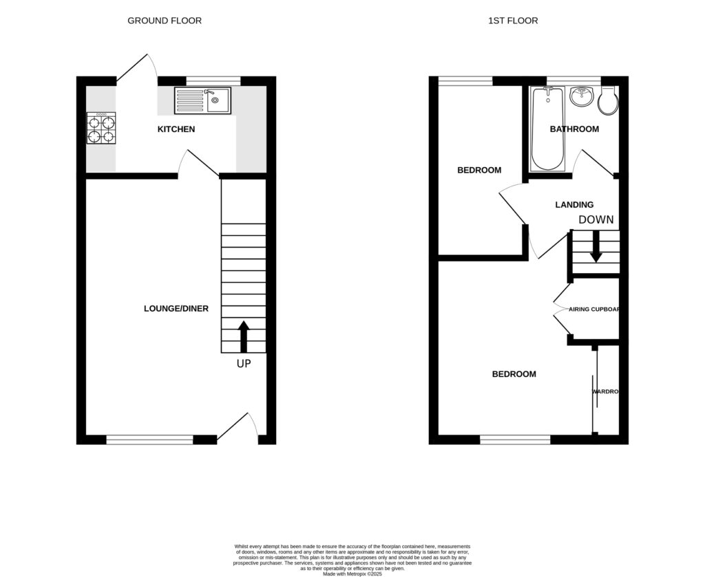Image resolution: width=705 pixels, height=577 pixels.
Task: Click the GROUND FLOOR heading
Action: coord(165,21)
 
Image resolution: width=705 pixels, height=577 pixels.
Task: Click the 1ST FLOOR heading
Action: coord(513,21)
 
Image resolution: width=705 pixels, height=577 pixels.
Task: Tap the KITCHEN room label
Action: coord(176,129)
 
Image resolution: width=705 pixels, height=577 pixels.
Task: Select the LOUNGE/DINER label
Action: coord(176,308)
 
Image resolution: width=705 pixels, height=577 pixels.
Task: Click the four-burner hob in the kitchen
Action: coord(101,129)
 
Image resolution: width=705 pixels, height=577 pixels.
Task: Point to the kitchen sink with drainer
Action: coord(202,100)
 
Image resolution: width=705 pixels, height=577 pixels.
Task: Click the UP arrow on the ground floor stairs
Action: coord(243,336)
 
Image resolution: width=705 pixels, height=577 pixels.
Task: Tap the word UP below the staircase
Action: coord(244,363)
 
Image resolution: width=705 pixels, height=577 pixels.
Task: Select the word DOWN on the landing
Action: coord(596,220)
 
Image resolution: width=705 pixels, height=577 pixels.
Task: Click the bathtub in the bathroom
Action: coord(548,129)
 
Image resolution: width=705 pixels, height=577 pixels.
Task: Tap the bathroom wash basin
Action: coord(582,96)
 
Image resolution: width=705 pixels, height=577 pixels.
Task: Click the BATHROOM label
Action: coord(574,129)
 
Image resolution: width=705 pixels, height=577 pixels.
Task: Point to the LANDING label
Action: coord(574,205)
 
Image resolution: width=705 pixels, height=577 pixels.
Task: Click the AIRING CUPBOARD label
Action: coord(594,309)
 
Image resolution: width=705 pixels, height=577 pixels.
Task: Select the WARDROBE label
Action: coord(606,392)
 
